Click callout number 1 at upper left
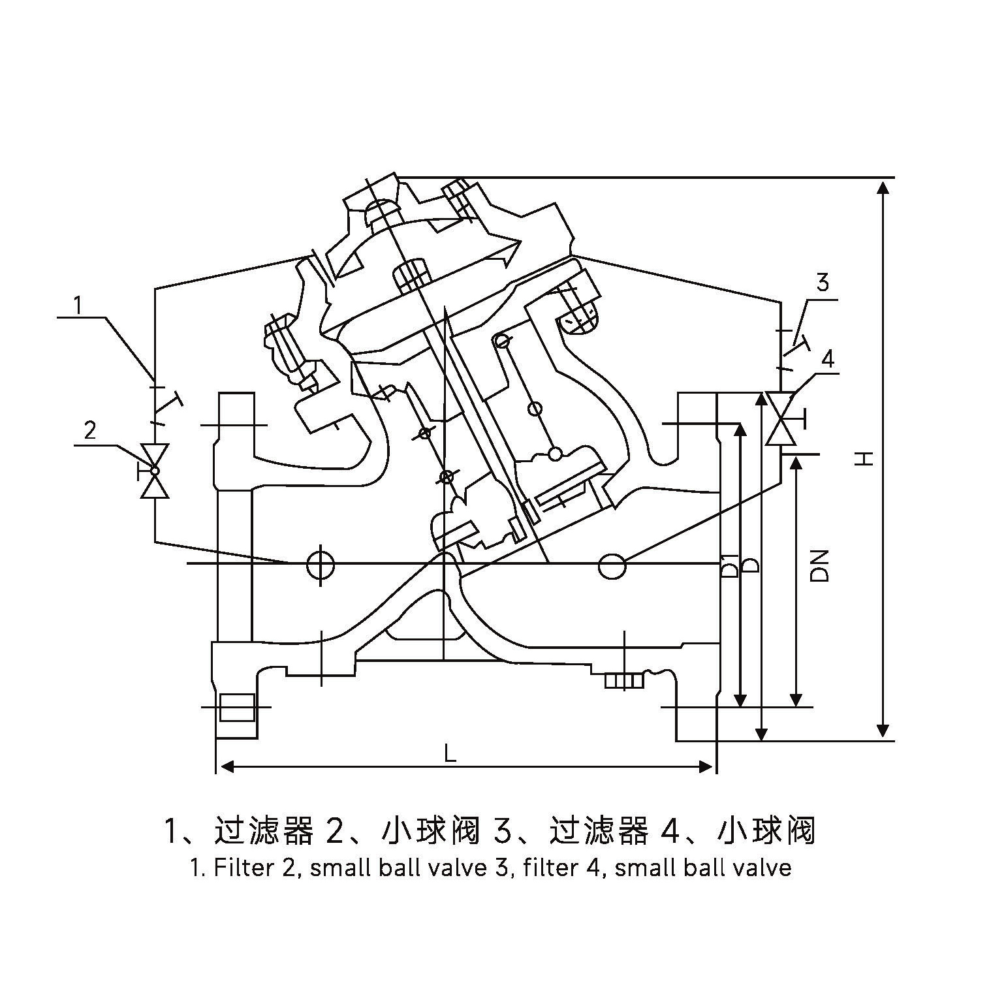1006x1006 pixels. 78,306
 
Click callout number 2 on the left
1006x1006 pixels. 90,430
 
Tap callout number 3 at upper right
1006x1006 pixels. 823,283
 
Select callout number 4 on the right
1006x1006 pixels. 828,359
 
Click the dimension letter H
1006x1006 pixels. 864,458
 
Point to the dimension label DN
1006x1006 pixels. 819,565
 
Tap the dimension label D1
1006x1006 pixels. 731,565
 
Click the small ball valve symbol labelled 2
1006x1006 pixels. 155,471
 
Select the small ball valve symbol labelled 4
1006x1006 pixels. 779,418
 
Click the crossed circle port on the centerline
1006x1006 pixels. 320,562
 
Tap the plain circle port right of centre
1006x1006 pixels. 612,566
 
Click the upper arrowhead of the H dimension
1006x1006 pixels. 883,187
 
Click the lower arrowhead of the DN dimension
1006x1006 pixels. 795,699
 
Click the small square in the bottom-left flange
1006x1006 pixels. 236,708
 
